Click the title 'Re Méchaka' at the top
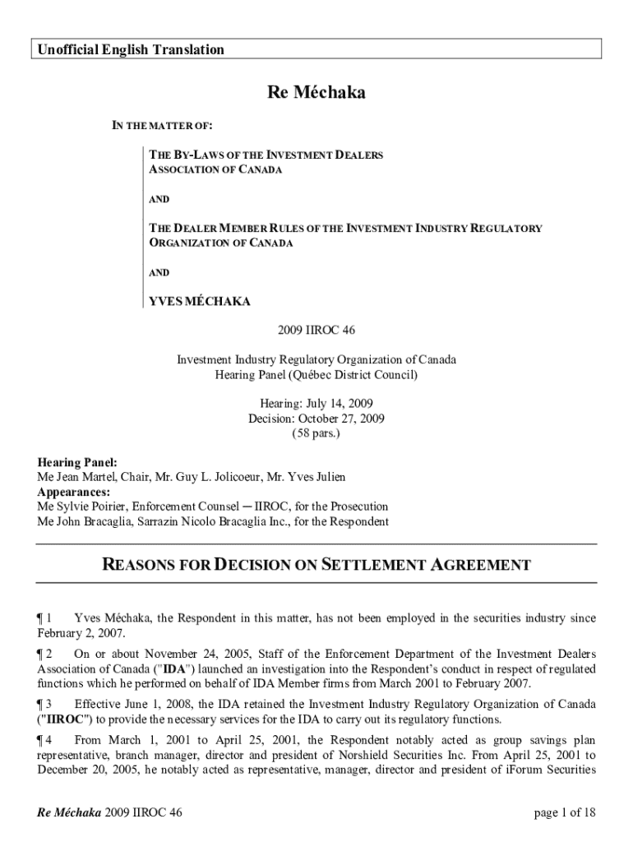click(x=316, y=93)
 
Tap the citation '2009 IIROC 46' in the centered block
click(x=316, y=330)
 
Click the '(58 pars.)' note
click(x=316, y=433)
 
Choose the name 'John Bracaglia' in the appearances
click(x=94, y=521)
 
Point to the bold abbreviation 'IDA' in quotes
click(x=174, y=669)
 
